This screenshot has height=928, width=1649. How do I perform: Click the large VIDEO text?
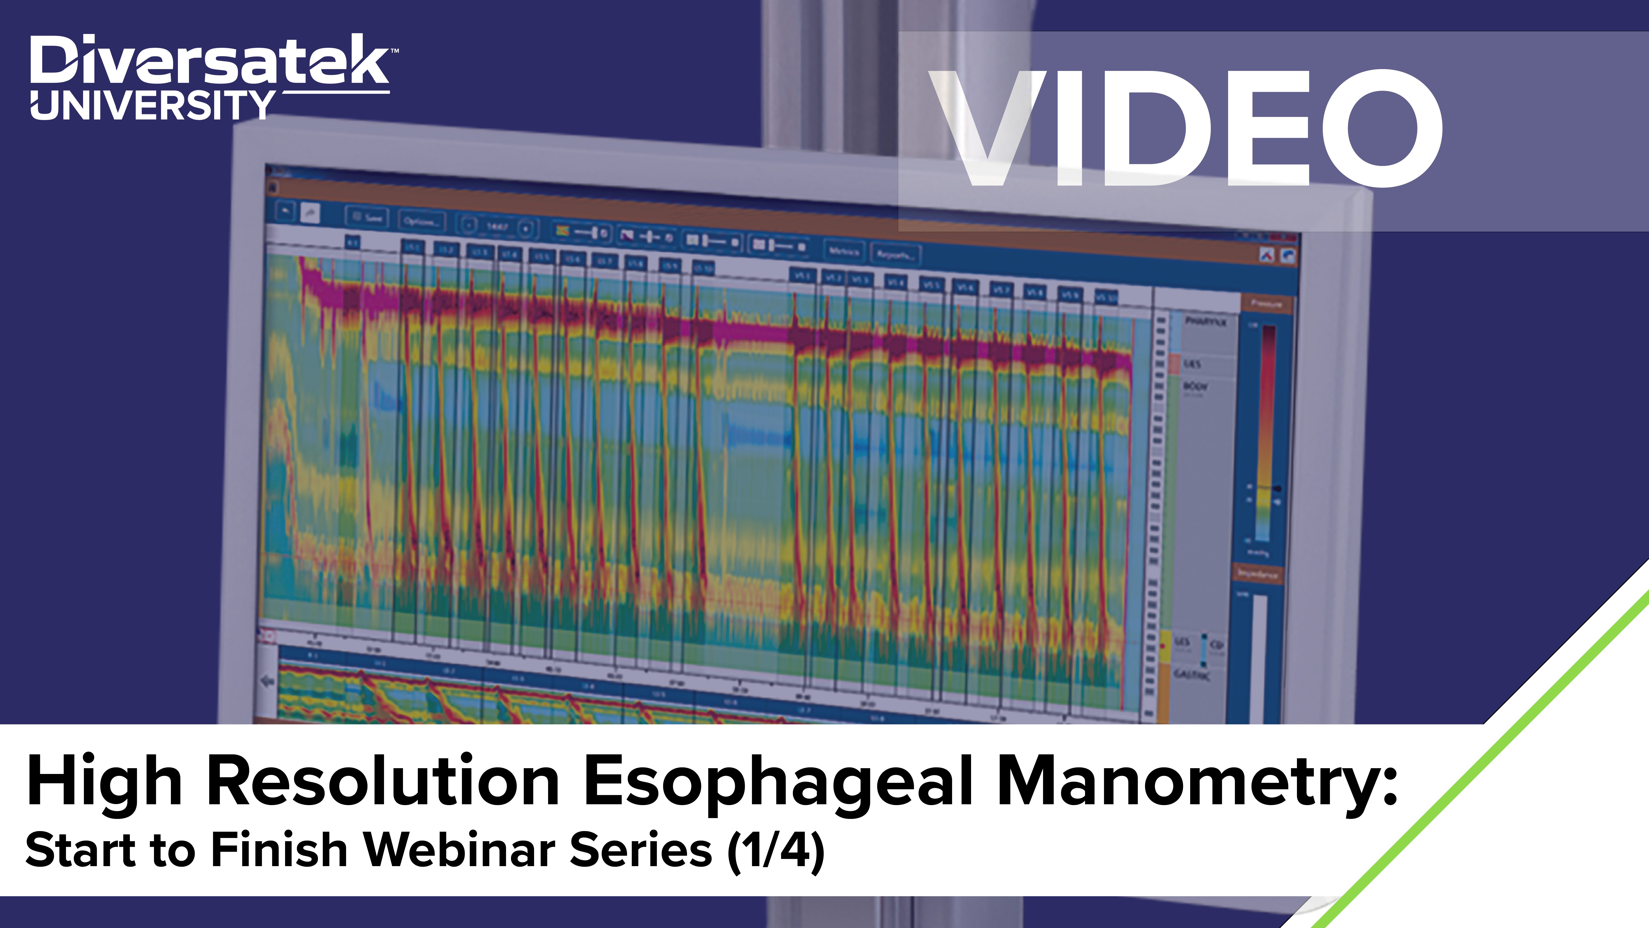click(x=1184, y=128)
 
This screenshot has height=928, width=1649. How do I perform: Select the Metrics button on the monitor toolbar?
click(x=844, y=251)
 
